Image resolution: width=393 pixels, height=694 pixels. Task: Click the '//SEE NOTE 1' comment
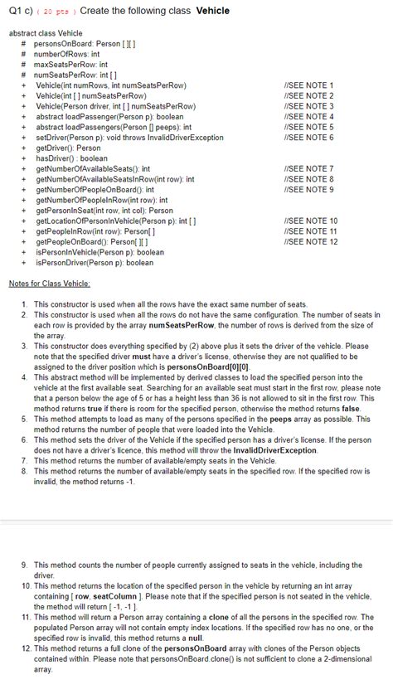coord(308,85)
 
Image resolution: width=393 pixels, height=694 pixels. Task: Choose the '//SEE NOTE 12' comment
coord(310,241)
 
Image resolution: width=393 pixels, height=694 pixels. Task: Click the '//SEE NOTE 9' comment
coord(308,189)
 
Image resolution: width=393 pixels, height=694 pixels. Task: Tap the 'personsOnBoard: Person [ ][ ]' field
coord(80,42)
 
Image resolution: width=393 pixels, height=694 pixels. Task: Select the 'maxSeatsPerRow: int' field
coord(70,63)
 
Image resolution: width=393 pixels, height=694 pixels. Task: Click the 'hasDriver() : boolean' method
coord(71,158)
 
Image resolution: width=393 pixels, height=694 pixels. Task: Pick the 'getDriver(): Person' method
coord(68,148)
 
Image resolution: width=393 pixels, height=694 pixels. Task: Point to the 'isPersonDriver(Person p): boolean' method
coord(94,262)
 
